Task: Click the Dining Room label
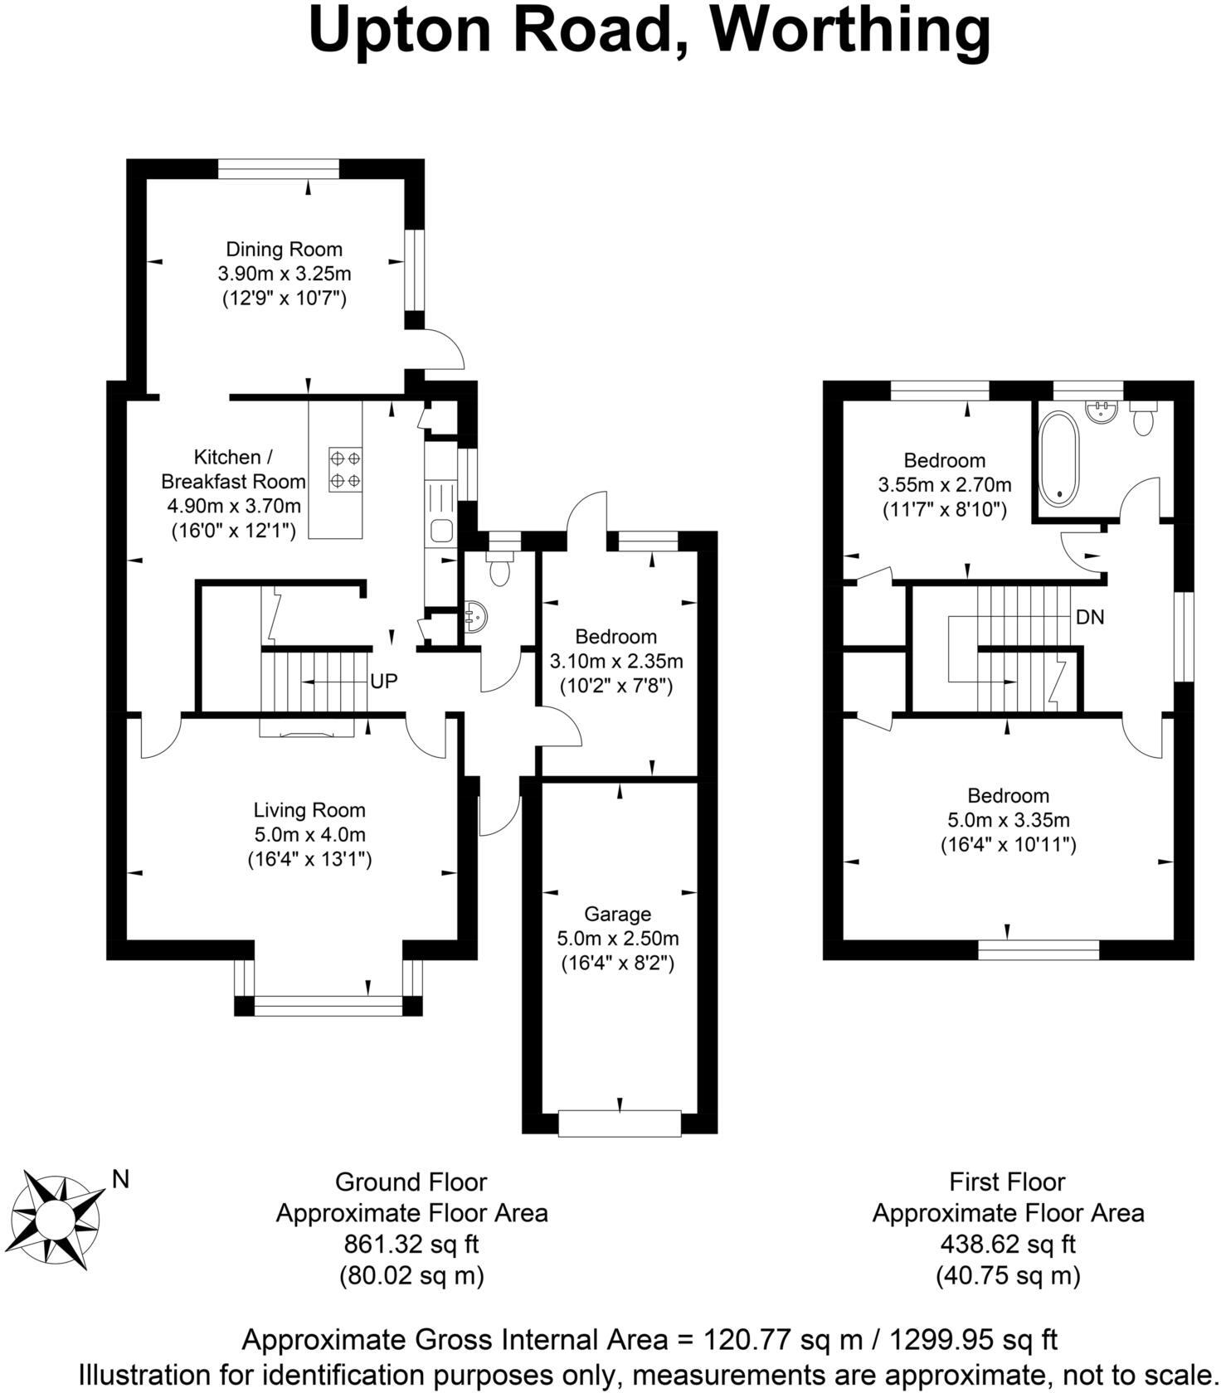[285, 249]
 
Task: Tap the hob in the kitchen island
[346, 468]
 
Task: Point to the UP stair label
[384, 682]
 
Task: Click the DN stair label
[1090, 618]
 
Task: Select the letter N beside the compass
[121, 1179]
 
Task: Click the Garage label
[618, 914]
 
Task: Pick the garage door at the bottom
[620, 1124]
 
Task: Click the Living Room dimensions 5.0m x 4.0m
[310, 835]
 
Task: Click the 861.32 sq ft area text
[411, 1245]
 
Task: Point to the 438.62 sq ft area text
[1008, 1245]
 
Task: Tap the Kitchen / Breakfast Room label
[233, 468]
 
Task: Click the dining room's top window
[279, 169]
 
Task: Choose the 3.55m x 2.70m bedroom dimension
[945, 484]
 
